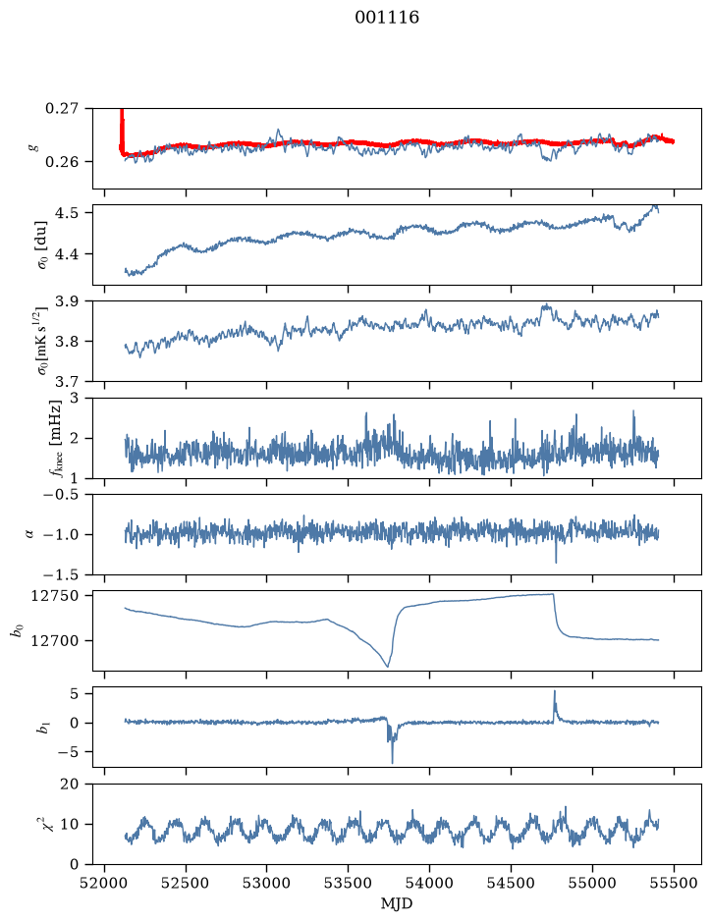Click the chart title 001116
point(386,18)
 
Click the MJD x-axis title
point(397,903)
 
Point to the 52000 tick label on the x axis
point(105,884)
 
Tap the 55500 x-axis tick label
point(674,884)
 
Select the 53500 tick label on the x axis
point(349,884)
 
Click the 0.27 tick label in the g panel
point(61,109)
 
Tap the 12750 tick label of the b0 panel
point(54,596)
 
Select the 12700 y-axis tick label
point(54,640)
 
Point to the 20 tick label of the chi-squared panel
point(69,784)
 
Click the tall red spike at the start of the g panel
point(122,130)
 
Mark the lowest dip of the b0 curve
point(388,666)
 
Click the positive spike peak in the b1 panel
point(554,691)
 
